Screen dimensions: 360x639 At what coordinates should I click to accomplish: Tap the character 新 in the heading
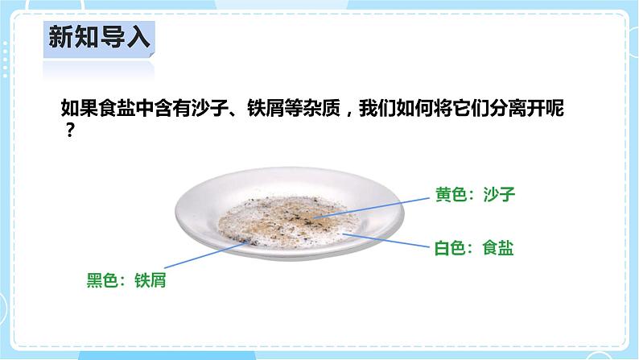pyautogui.click(x=61, y=37)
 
